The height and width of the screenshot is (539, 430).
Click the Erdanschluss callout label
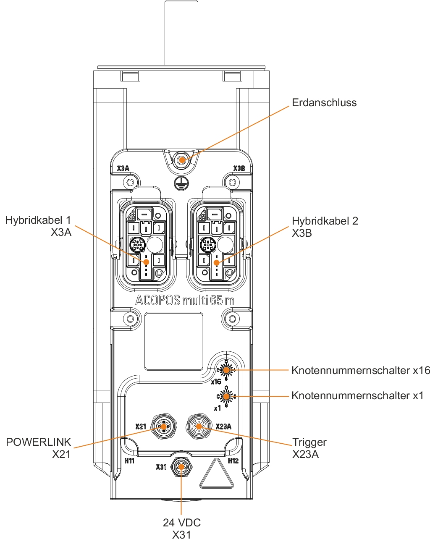tap(324, 103)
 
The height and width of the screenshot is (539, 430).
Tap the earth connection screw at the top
tap(182, 160)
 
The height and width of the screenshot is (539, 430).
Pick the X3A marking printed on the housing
tap(123, 169)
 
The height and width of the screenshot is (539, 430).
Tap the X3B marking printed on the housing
tap(239, 169)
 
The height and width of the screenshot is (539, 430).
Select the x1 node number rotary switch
tap(226, 396)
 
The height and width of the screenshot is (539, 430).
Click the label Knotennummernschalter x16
tap(361, 371)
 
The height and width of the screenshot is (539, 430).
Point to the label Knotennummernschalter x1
tap(357, 396)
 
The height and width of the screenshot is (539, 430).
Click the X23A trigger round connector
tap(198, 426)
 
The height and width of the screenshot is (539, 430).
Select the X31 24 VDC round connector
tap(181, 467)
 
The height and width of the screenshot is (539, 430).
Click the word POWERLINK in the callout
tap(39, 442)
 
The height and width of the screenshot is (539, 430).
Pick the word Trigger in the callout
tap(309, 442)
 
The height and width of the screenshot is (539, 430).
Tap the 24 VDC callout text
tap(182, 523)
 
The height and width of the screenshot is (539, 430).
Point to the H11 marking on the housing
tap(129, 461)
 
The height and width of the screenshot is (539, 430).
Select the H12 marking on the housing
tap(233, 461)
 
